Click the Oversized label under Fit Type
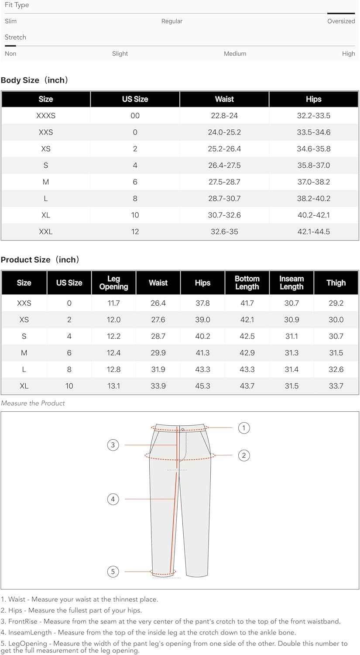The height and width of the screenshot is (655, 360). click(x=341, y=21)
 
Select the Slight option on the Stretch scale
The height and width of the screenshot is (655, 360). click(x=120, y=54)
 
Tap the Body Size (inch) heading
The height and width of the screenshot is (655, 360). click(x=34, y=80)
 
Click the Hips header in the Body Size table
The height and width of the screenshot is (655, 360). click(x=313, y=99)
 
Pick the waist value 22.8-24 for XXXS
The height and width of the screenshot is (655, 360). click(x=224, y=116)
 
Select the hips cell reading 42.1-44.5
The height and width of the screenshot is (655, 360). click(x=313, y=232)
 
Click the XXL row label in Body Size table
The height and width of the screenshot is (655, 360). click(x=46, y=232)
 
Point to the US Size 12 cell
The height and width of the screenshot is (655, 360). click(x=135, y=232)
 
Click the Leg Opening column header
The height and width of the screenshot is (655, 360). click(x=113, y=283)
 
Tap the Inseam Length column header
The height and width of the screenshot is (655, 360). click(x=291, y=283)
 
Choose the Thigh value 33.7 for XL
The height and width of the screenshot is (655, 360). click(x=336, y=386)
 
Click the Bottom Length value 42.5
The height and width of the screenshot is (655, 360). click(x=247, y=336)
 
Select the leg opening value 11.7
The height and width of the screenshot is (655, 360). click(x=113, y=303)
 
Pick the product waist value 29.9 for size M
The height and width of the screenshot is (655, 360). click(x=158, y=353)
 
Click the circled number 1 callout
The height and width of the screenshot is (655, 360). click(x=244, y=428)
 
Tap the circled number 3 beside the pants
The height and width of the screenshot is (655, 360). click(x=113, y=445)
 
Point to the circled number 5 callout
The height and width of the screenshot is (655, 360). click(x=113, y=571)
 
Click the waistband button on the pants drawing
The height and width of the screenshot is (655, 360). click(x=183, y=429)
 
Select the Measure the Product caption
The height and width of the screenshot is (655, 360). click(x=33, y=403)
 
